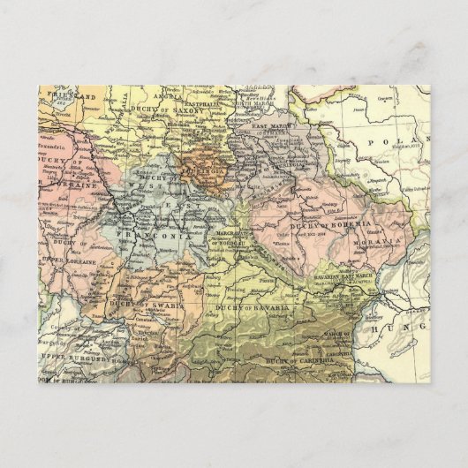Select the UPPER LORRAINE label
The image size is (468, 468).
(64, 264)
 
